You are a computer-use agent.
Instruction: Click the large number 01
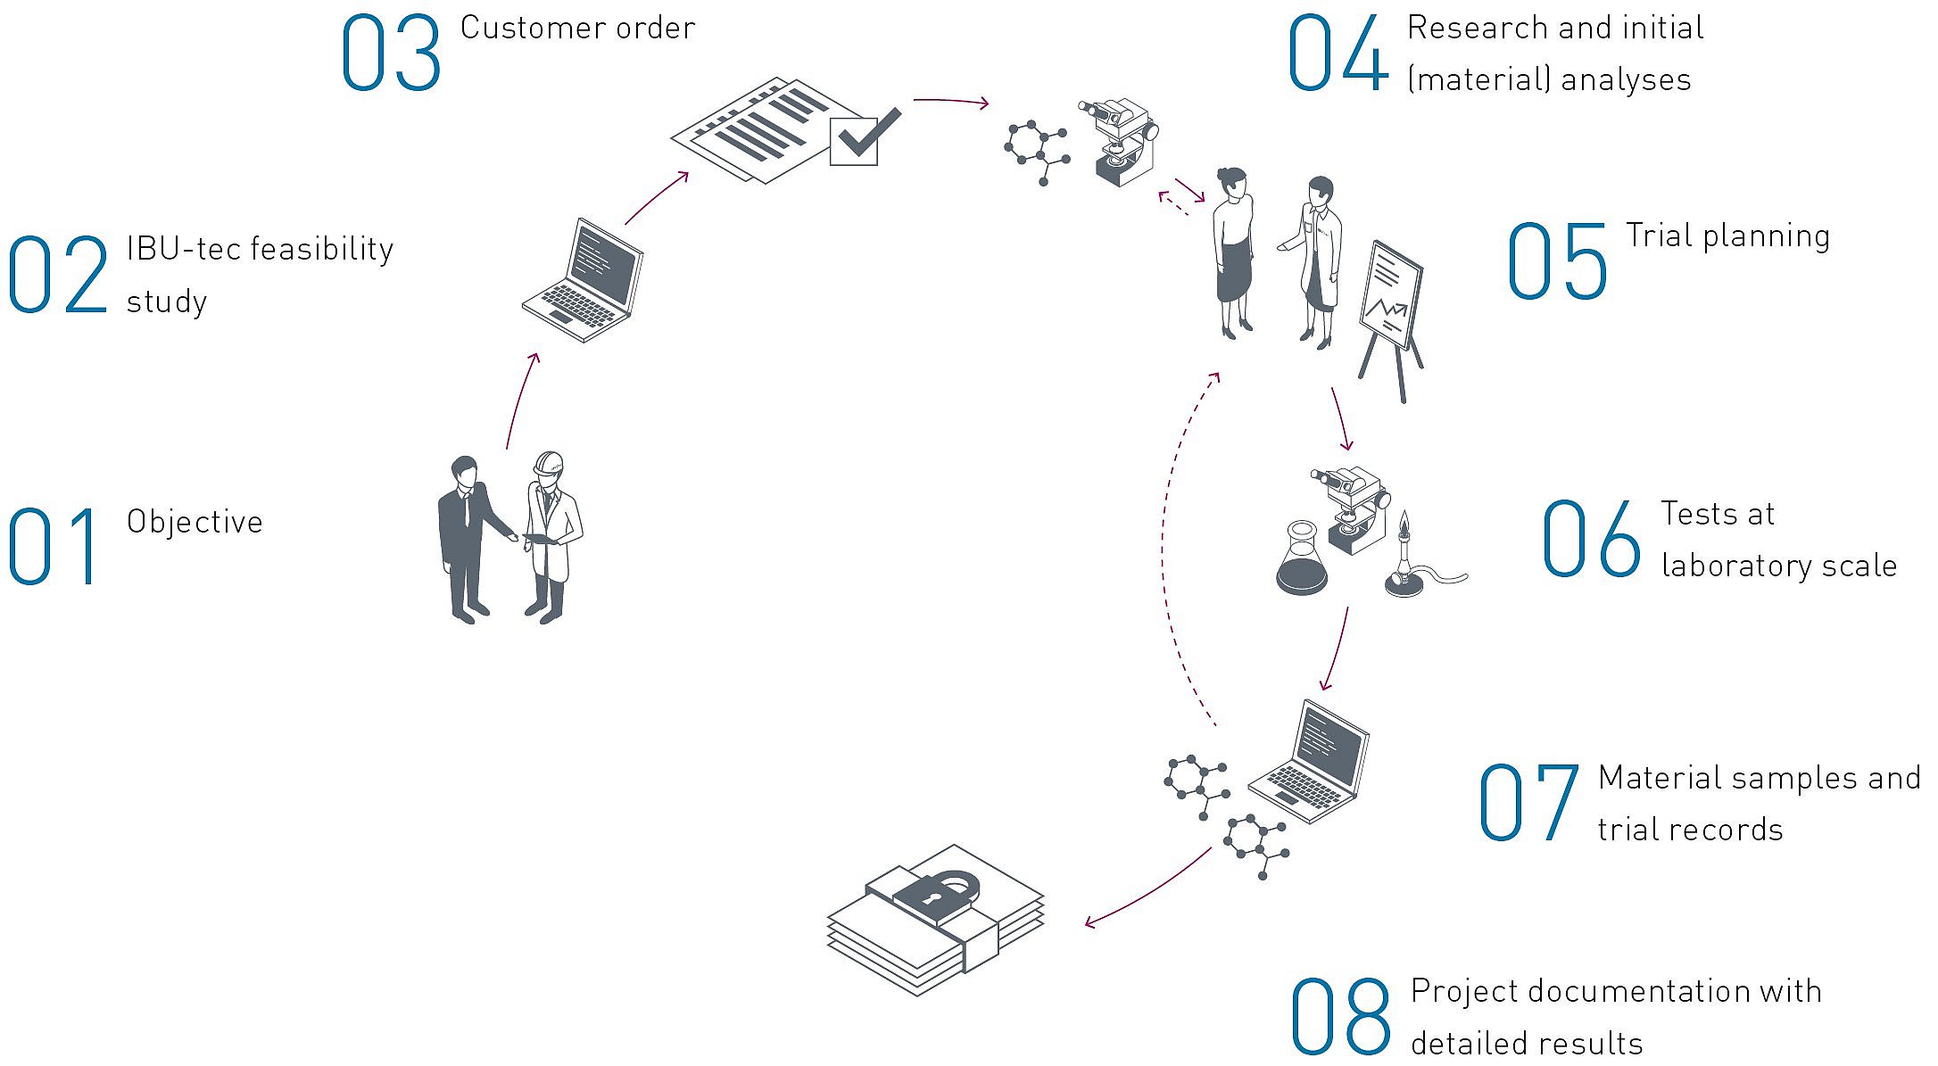53,545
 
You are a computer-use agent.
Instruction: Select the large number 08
1340,1015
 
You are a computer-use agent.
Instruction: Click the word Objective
195,522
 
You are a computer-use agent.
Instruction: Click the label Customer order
577,28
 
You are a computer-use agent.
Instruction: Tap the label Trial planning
1727,236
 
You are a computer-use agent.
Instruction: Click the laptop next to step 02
584,280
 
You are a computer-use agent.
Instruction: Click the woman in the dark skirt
1235,253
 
